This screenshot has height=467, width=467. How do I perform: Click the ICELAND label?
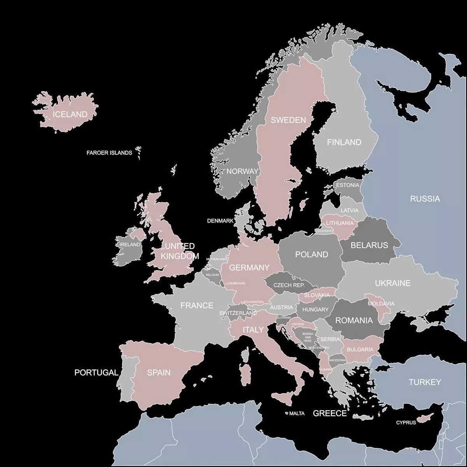coord(70,114)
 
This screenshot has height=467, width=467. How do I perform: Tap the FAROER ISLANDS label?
coord(109,153)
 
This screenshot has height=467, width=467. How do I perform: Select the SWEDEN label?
coord(288,120)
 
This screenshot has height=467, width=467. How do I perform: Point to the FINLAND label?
coord(344,142)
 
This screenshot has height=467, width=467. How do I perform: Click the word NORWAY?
coord(242,171)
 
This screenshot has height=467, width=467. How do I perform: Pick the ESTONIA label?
coord(348,185)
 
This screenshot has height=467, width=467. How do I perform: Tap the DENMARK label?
coord(220,221)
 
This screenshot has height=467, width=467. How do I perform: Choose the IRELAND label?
coord(130,244)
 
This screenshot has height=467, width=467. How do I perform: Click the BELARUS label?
coord(369,245)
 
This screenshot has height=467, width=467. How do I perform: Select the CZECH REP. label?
coord(289,285)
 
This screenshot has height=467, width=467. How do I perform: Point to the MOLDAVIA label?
coord(381,304)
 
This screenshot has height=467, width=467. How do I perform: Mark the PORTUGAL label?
coord(96,372)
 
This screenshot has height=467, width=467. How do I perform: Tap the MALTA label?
coord(297,413)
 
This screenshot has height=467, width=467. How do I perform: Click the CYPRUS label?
coord(406,422)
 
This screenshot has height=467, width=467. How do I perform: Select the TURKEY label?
coord(425,382)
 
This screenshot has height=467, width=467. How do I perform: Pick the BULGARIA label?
coord(360,349)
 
